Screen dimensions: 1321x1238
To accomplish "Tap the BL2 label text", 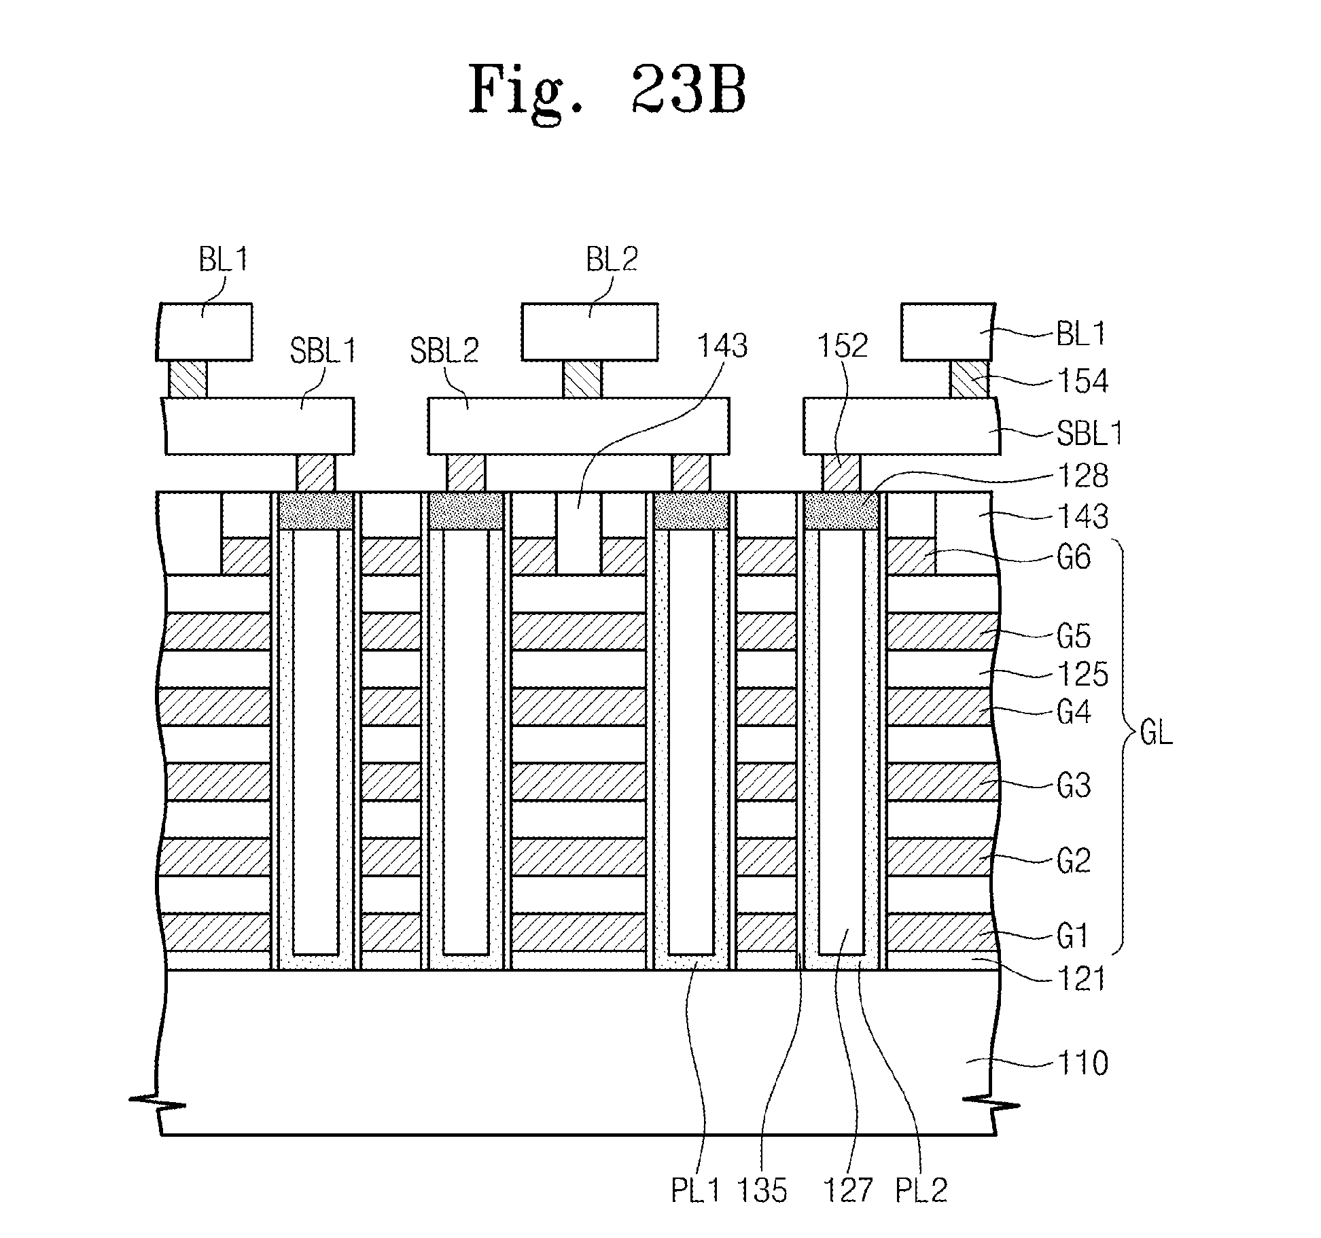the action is coord(612,260).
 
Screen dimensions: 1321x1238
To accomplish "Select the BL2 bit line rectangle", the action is coord(590,332).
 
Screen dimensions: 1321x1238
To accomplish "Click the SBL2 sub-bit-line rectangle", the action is coord(578,426).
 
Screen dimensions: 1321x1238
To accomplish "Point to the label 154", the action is coord(1082,382).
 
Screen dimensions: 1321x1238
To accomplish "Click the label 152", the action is coord(843,347).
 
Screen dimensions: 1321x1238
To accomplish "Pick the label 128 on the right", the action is coord(1082,476).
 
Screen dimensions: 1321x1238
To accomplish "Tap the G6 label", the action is coord(1074,558).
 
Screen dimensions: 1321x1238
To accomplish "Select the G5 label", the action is coord(1074,637).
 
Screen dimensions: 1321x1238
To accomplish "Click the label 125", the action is coord(1083,674).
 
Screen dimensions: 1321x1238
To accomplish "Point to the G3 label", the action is coord(1074,785).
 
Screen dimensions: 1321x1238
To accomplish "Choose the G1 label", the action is coord(1074,937).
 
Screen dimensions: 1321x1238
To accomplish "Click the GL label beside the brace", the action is coord(1155,735).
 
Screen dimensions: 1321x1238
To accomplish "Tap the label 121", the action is coord(1082,979).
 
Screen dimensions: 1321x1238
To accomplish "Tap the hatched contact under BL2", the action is coord(582,379).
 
